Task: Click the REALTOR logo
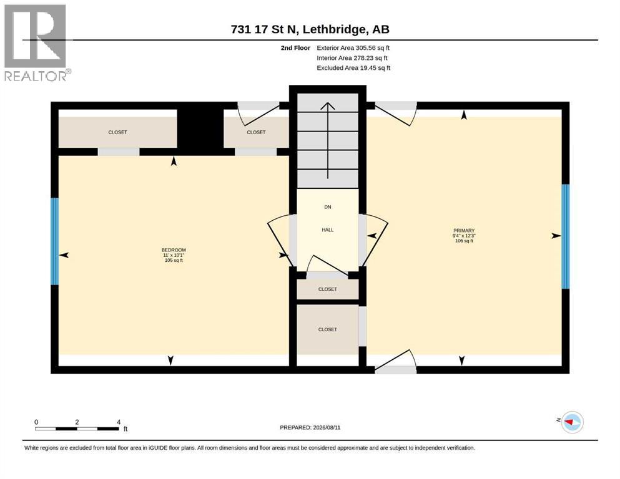pos(37,42)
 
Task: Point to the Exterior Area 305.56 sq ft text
pos(353,48)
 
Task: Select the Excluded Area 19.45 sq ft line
pos(353,68)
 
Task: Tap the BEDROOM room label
pos(174,250)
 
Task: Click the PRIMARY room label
pos(464,231)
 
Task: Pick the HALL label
pos(327,230)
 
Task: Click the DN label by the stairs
pos(327,207)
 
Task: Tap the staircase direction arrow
pos(327,140)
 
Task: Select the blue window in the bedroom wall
pos(54,241)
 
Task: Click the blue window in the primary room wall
pos(566,236)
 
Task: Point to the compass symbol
pos(572,422)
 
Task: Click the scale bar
pos(77,428)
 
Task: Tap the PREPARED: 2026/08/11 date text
pos(310,427)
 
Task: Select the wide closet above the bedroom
pos(117,132)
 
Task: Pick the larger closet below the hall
pos(328,329)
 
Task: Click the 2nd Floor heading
pos(295,48)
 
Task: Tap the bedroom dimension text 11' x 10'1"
pos(174,255)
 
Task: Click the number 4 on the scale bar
pos(119,422)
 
